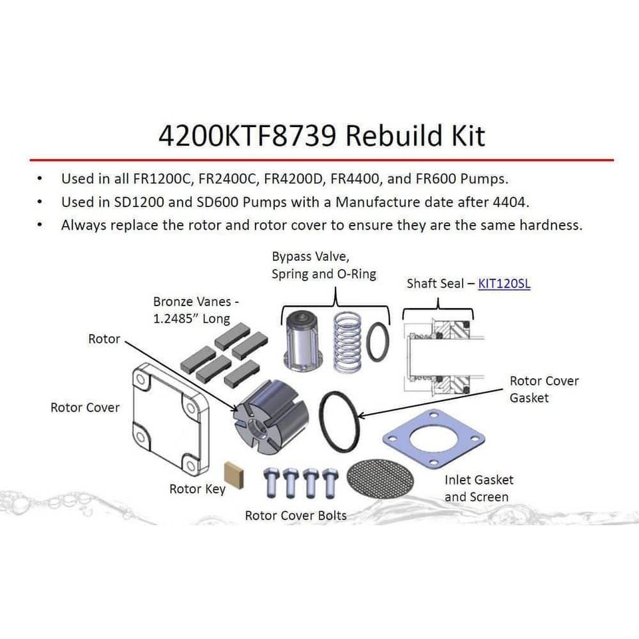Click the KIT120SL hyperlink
(x=504, y=284)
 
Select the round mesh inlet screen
(x=380, y=478)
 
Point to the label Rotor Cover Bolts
(x=296, y=515)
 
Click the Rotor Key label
(x=197, y=489)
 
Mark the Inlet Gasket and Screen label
(x=479, y=488)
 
